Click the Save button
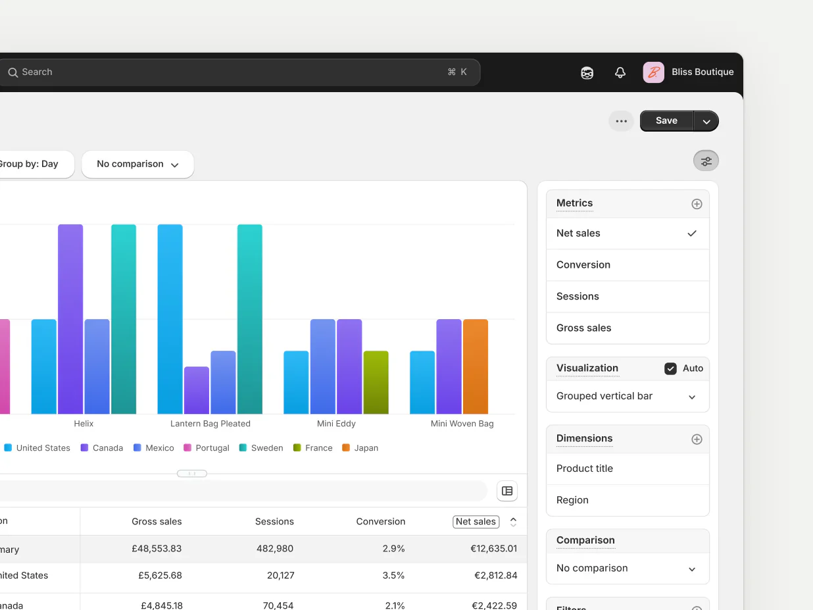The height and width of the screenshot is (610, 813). tap(666, 121)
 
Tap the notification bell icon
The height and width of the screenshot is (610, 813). tap(620, 72)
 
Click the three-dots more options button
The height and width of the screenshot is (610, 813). tap(621, 121)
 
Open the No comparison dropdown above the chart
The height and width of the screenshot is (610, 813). tap(137, 165)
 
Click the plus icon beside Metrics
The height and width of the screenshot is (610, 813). tap(697, 204)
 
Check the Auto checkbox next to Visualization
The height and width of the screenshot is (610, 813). tap(670, 369)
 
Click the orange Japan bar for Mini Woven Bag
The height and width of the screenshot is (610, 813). tap(476, 367)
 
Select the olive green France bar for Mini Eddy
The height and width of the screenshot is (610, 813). tap(376, 382)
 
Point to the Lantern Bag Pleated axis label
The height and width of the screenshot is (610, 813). tap(210, 424)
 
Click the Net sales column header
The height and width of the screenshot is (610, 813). tap(476, 522)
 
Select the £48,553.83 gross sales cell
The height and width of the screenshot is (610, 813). tap(157, 549)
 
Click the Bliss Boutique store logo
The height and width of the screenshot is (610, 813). tap(653, 72)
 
